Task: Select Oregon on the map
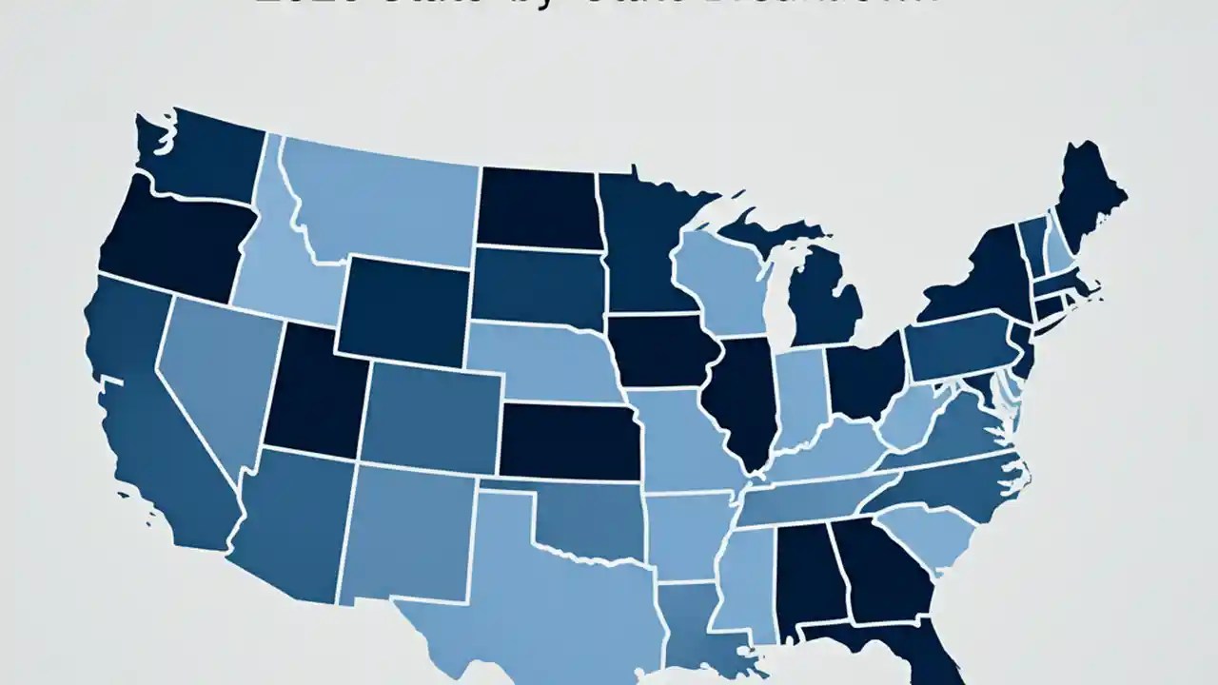(171, 238)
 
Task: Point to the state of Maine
(1090, 195)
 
